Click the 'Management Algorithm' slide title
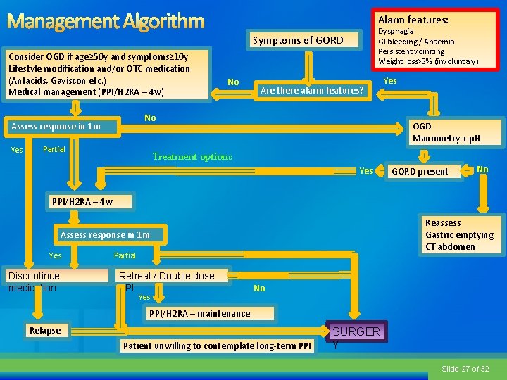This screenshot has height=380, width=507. point(105,21)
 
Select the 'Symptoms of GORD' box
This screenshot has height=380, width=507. point(298,40)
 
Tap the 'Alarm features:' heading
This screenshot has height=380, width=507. point(413,20)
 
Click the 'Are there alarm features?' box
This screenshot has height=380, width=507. point(312,90)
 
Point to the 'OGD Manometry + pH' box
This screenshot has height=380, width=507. point(446,132)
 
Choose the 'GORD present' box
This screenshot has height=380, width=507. point(420,171)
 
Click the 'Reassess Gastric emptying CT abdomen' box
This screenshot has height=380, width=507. point(459,234)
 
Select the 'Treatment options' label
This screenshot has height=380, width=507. point(192,157)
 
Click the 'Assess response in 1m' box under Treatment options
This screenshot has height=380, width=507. point(104,234)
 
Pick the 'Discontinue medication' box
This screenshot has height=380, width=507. point(34,281)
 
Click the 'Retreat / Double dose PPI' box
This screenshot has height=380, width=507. point(166,277)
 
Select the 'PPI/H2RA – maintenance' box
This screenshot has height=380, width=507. point(198,313)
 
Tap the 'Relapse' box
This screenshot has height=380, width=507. point(45,331)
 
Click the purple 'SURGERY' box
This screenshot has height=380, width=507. point(356,331)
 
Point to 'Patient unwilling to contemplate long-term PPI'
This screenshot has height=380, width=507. point(217,346)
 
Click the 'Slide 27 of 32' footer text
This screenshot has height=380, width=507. point(465,369)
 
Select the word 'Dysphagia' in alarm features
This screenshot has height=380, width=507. point(396,32)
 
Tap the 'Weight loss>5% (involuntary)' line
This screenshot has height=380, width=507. point(428,61)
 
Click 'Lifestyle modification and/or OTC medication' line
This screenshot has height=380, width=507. point(99,68)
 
